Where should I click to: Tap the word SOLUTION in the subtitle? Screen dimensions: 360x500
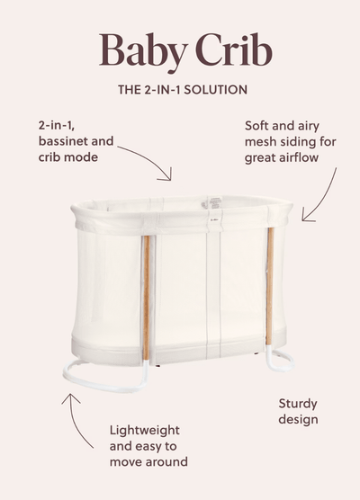tap(215, 90)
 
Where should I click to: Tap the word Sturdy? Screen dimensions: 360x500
tap(298, 405)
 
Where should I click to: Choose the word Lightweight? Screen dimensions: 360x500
tap(145, 431)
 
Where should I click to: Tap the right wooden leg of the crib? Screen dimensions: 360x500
tap(270, 286)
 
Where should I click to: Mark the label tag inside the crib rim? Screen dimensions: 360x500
tap(214, 203)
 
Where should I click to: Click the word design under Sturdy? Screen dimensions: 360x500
tap(298, 419)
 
